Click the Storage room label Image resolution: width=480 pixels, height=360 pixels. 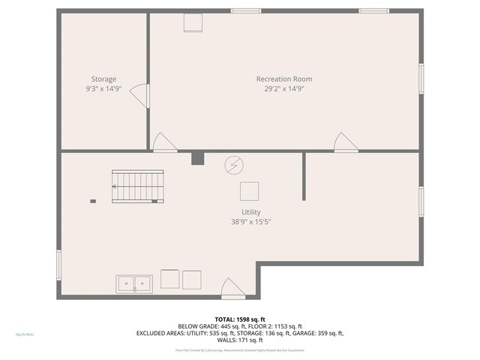coord(103,79)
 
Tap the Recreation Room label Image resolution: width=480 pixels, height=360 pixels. coord(284,79)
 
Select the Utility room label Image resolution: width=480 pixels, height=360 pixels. coord(250,212)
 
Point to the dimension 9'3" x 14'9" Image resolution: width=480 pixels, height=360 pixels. coord(103,88)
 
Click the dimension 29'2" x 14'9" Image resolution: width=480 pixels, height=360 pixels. coord(284,88)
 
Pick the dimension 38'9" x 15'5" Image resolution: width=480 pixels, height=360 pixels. coord(250,222)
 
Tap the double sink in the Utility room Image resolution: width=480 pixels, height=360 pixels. coord(134,283)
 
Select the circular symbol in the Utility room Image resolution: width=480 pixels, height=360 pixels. coord(234,164)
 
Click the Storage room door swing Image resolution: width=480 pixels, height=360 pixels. coord(140,94)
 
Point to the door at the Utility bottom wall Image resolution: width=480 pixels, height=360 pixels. coord(232,287)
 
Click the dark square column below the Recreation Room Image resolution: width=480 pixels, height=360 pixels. coord(198,158)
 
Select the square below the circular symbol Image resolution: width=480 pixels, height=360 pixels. coord(250,191)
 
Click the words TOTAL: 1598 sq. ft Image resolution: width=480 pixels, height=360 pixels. coord(240,319)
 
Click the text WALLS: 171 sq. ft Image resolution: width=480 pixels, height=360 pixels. coord(240,340)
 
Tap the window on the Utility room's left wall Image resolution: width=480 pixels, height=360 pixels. coord(59,265)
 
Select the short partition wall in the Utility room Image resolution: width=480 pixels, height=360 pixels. coord(304,177)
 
